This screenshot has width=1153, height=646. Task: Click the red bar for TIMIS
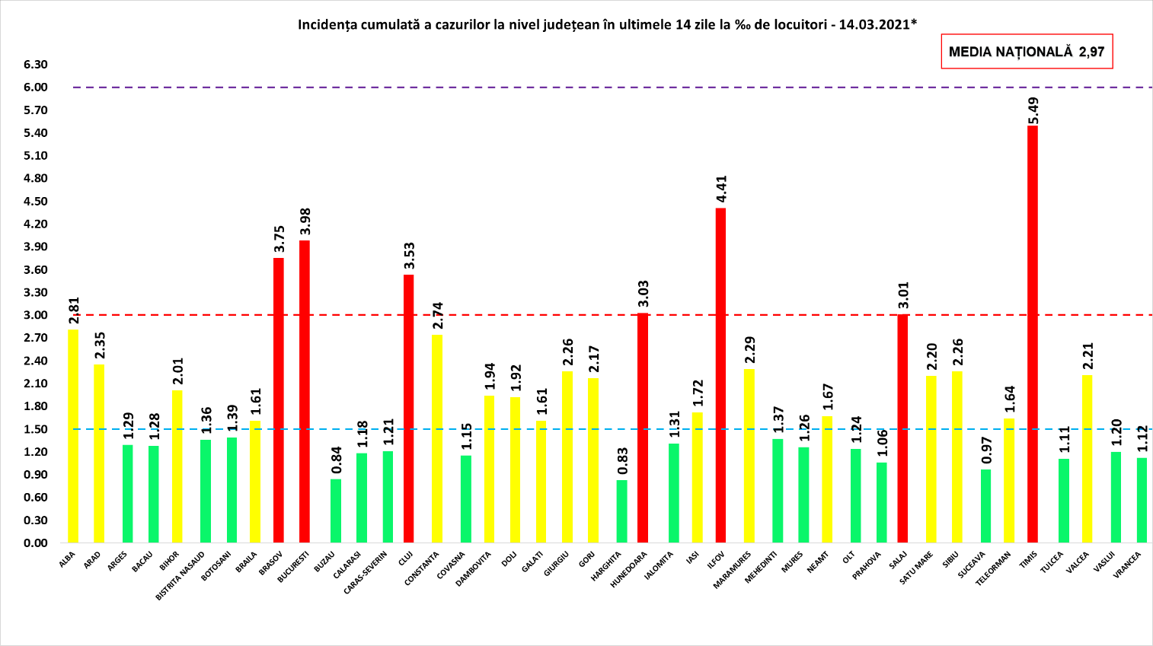coord(1032,335)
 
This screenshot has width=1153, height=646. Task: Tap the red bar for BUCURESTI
coord(305,392)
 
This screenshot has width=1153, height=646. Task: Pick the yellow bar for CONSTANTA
coord(437,439)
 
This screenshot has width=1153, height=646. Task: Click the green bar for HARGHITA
coord(622,511)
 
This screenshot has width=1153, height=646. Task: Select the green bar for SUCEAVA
coord(985,506)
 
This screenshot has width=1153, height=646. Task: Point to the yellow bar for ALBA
coord(73,436)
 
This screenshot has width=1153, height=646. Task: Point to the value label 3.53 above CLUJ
coord(409,256)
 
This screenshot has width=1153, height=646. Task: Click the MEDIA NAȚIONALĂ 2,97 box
coord(1027,52)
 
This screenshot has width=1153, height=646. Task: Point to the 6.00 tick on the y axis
coord(36,88)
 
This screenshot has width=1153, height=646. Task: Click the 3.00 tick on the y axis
coord(36,315)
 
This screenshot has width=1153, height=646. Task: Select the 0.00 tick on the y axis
coord(36,543)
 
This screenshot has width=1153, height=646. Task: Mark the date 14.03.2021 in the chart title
coord(874,24)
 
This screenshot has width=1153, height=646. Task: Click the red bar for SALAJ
coord(902,428)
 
